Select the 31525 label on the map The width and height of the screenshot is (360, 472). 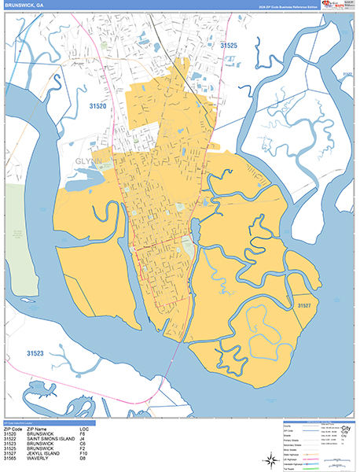click(229, 46)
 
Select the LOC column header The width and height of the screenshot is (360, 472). click(85, 429)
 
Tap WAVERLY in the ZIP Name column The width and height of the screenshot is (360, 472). click(36, 458)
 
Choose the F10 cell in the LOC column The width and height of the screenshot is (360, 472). click(85, 453)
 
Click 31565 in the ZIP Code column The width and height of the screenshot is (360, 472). click(10, 458)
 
